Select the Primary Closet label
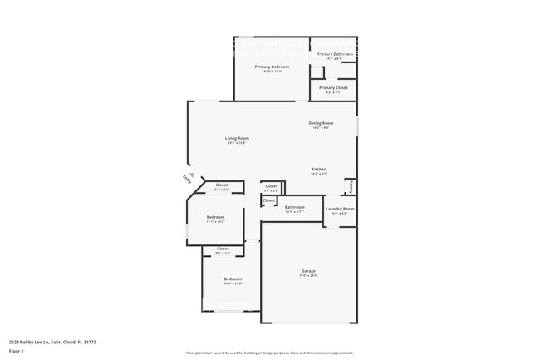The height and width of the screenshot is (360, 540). coord(333,87)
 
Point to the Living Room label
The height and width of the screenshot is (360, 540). coord(237,138)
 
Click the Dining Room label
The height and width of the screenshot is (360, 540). coord(321,123)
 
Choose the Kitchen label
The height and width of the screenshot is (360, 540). coord(319,169)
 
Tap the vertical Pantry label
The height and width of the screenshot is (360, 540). coord(351,186)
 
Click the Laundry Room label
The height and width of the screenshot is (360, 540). coord(340,209)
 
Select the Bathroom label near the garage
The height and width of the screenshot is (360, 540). coord(294,207)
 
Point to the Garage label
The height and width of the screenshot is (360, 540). coord(308,271)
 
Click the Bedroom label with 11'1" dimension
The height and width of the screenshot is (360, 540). coord(215,217)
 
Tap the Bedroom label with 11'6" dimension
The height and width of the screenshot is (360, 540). coord(233,279)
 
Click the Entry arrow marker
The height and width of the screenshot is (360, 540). coord(191,175)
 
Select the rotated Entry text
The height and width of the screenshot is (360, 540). coord(185,179)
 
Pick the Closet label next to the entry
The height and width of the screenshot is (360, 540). coord(222,185)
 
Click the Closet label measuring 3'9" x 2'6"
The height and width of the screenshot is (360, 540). coord(271,186)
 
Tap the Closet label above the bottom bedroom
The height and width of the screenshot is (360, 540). coord(223,249)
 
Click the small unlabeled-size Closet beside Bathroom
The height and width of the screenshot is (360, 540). coord(268,200)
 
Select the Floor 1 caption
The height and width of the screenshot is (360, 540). coord(17,351)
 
